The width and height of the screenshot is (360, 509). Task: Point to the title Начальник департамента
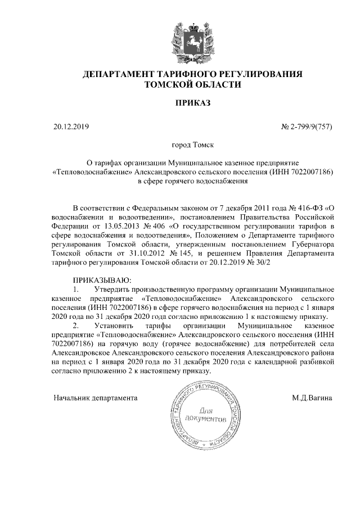pos(95,398)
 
